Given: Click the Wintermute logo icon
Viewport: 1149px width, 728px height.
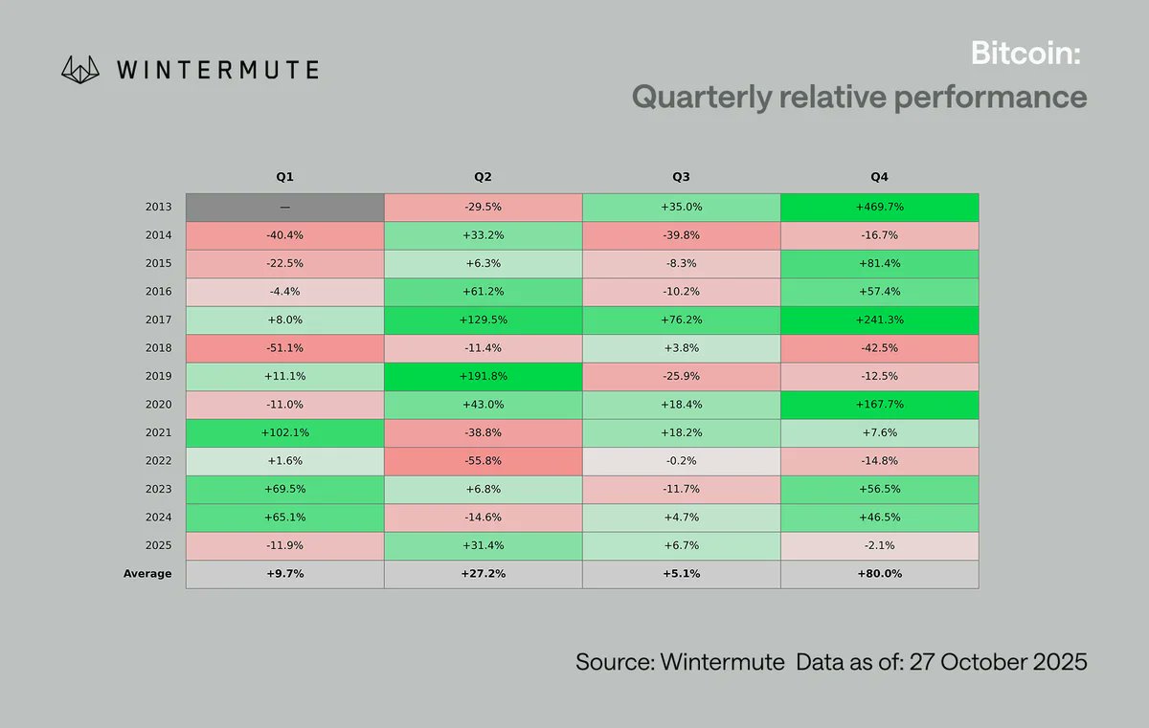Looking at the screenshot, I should [80, 69].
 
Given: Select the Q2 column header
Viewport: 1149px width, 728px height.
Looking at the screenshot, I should [483, 177].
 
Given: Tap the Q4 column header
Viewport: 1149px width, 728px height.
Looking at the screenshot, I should [879, 177].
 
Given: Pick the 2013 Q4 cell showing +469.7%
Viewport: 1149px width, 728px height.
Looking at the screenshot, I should [879, 207].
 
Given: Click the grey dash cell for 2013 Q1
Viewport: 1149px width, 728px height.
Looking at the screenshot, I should [284, 207].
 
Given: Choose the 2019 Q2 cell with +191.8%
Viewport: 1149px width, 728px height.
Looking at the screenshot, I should [483, 376].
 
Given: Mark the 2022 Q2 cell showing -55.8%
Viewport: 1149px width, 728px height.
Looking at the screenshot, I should [483, 461].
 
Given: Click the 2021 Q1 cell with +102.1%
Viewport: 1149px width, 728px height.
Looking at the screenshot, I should [284, 432].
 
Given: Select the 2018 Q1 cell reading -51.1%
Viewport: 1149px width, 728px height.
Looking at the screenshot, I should [284, 348].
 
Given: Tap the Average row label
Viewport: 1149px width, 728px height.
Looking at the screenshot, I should [147, 574].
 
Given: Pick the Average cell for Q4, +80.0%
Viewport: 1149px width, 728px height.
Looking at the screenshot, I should [879, 574].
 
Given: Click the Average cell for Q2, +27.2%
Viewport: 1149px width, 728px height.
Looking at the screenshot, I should [483, 574].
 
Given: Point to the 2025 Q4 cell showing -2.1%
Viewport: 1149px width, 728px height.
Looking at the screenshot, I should [879, 545].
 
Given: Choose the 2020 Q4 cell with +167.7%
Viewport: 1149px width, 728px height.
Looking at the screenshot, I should [879, 405].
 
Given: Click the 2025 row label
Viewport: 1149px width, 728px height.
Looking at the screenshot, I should [158, 545].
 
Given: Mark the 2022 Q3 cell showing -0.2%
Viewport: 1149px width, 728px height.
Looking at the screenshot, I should [681, 461].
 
